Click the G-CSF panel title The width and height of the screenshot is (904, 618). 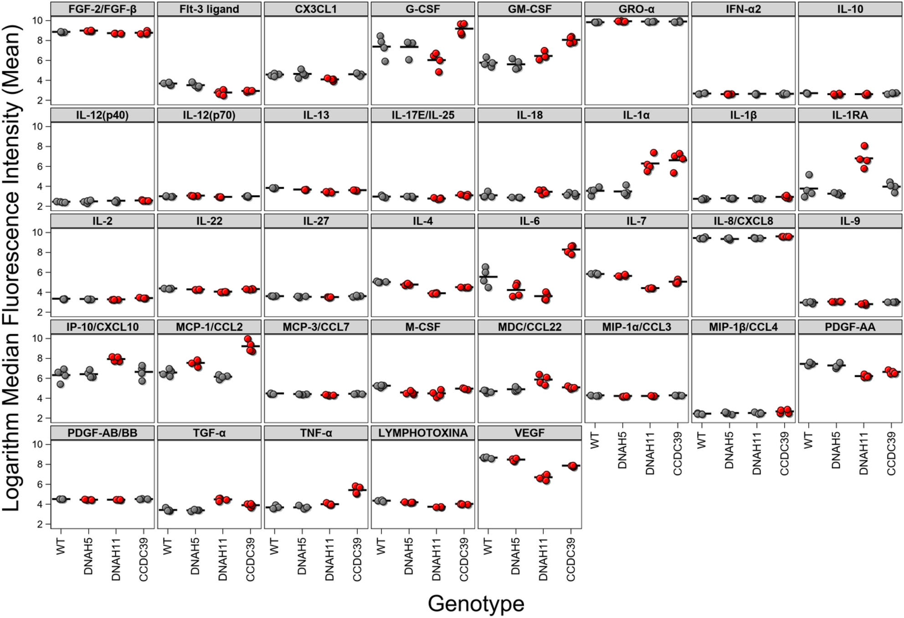(x=422, y=9)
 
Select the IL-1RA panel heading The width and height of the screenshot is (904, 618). (x=850, y=115)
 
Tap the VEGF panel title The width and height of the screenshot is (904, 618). (x=529, y=433)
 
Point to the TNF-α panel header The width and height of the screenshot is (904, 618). (x=316, y=433)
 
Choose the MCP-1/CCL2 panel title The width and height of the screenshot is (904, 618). (x=209, y=327)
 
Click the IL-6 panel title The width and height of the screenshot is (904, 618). (x=529, y=221)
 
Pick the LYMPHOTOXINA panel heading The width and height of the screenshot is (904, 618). (x=422, y=433)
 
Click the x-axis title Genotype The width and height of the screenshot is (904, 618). (x=476, y=603)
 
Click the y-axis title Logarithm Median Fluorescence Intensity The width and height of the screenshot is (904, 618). (x=13, y=268)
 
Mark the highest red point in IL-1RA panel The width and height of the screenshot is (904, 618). (x=864, y=146)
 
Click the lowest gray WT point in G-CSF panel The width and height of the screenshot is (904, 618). (x=385, y=61)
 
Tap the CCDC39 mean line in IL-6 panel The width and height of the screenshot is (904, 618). (x=570, y=249)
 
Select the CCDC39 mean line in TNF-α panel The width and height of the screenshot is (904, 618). (x=357, y=490)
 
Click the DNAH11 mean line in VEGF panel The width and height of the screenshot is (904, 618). (x=543, y=477)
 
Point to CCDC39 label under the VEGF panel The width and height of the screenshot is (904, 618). (x=570, y=559)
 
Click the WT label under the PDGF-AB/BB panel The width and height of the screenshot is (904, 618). (x=61, y=546)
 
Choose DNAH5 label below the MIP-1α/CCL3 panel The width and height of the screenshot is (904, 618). (x=622, y=450)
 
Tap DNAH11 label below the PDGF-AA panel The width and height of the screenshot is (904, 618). (x=863, y=453)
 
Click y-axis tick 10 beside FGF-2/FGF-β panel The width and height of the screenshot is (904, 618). (x=37, y=20)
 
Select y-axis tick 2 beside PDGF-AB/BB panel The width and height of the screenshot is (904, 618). (x=40, y=524)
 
